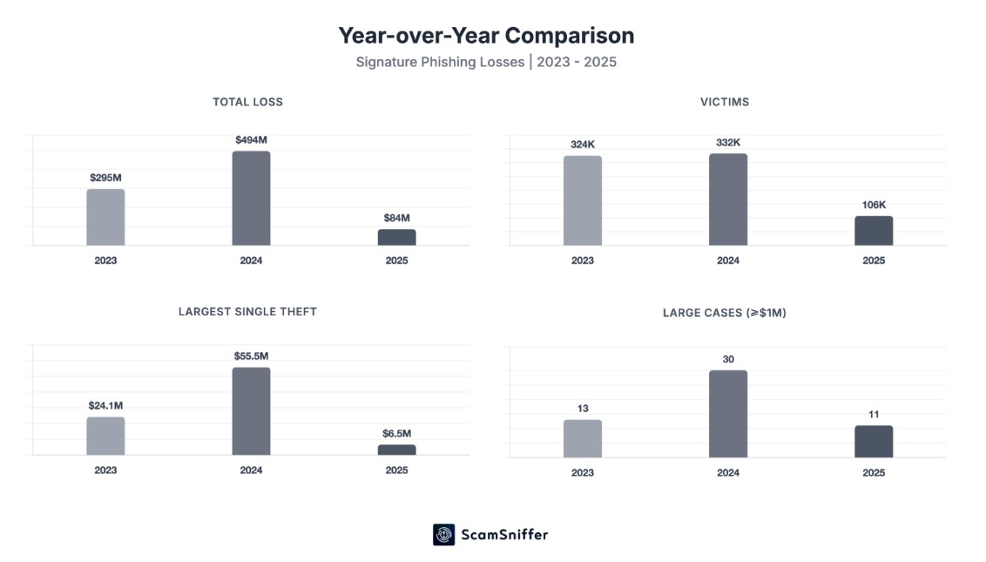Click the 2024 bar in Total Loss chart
coord(251,199)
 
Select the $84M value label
coord(396,218)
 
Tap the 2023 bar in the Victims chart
coord(582,200)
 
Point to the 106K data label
coord(874,205)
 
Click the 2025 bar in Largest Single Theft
coord(396,450)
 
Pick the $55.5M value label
coord(251,355)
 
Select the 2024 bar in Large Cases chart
coord(727,414)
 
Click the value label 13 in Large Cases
coord(582,408)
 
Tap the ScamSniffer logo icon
coord(444,534)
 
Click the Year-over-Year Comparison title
coord(486,35)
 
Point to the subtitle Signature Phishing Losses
coord(486,62)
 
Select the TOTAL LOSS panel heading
coord(247,102)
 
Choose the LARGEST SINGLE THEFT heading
coord(247,311)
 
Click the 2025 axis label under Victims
coord(874,261)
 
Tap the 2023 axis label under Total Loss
coord(105,261)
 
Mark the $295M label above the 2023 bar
coord(105,178)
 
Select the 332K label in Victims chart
coord(727,142)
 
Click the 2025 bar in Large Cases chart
coord(874,442)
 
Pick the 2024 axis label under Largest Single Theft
coord(251,471)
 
